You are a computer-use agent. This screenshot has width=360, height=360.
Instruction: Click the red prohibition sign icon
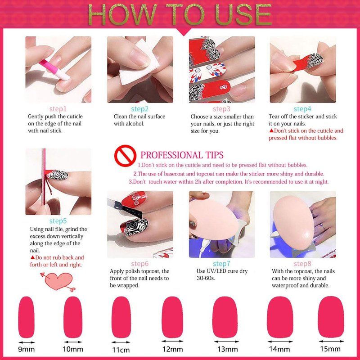pos(125,156)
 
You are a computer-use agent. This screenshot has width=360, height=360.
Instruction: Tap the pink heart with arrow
pos(58,282)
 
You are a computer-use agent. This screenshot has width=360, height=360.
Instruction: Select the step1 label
pos(58,109)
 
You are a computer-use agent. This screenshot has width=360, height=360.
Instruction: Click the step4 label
pos(302,109)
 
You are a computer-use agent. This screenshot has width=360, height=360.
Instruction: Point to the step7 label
pos(221,264)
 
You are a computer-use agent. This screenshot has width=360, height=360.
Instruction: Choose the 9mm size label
pos(27,349)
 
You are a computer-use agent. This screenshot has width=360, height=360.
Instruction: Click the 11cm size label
pos(121,350)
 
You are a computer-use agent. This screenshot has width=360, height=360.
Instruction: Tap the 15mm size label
pos(330,349)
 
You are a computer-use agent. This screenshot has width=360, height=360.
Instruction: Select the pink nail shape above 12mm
pos(172,317)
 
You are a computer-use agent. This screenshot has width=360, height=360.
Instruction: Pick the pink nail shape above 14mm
pos(280,317)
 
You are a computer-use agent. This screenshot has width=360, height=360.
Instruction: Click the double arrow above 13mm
pos(226,342)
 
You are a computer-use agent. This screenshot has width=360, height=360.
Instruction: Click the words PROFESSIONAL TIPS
pos(182,155)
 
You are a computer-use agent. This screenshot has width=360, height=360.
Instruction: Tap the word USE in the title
pos(243,14)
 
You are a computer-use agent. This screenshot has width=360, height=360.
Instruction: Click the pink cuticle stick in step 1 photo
pos(54,69)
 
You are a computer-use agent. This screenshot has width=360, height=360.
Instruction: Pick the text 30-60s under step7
pos(206,278)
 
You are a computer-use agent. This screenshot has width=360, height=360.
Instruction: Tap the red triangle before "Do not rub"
pos(32,257)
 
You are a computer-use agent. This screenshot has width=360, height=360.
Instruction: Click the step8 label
pos(302,264)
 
